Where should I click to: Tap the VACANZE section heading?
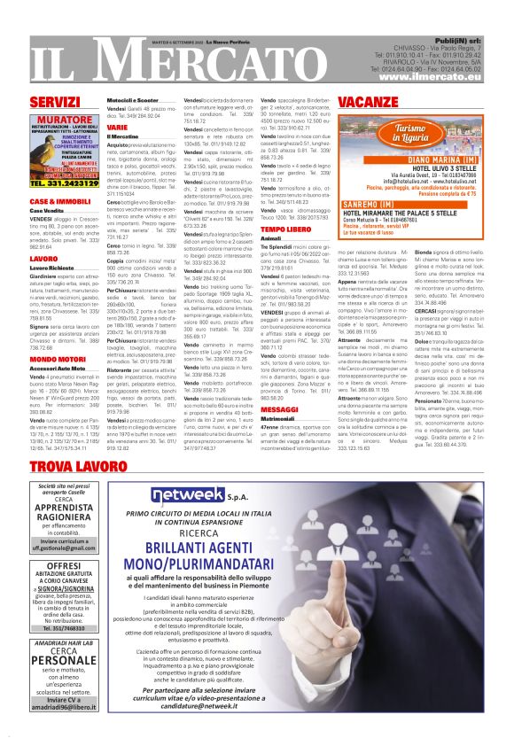368,102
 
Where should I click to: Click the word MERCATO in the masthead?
195,52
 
